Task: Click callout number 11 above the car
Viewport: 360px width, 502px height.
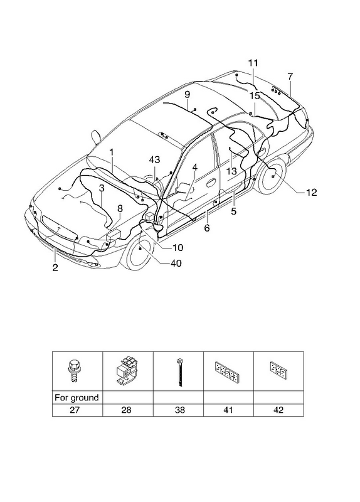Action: tap(253, 63)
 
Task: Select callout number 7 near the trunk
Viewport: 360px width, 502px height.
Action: tap(290, 77)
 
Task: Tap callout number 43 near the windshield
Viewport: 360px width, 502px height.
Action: tap(154, 159)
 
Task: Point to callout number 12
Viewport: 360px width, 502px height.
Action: tap(311, 193)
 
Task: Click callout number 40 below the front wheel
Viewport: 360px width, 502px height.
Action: tap(176, 263)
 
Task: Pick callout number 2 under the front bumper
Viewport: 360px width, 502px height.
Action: tap(55, 268)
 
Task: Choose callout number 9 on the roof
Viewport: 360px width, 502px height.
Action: tap(187, 95)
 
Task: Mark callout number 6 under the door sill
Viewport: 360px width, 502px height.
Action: tap(207, 228)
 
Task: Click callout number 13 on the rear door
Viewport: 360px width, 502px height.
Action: tap(231, 171)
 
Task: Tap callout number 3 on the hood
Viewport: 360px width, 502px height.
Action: tap(102, 188)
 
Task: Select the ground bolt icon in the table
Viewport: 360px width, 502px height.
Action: tap(73, 371)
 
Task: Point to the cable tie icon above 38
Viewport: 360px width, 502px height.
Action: tap(179, 373)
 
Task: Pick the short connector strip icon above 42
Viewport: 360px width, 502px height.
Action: tap(278, 369)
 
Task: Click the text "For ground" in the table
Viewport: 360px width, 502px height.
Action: tap(77, 398)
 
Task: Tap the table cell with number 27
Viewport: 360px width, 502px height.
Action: tap(77, 410)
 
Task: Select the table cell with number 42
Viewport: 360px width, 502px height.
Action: tap(278, 410)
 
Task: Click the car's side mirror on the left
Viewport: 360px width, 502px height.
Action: tap(96, 136)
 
